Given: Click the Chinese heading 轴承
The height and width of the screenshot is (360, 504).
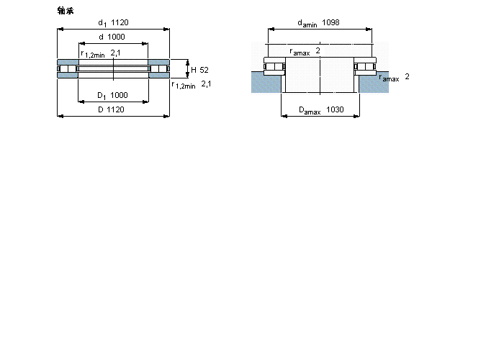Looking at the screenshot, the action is click(x=66, y=11).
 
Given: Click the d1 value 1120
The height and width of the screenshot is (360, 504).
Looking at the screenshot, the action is click(x=120, y=22).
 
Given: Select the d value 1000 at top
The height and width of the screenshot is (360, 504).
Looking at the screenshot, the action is click(x=116, y=37).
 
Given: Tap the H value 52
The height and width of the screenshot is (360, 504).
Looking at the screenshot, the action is click(x=204, y=70).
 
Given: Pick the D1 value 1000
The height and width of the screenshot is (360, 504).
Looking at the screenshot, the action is click(x=119, y=95).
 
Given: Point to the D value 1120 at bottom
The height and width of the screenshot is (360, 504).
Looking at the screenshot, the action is click(x=115, y=109).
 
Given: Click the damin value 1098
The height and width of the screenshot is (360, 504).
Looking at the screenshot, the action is click(x=330, y=22).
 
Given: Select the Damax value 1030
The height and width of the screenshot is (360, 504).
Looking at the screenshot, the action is click(x=335, y=109).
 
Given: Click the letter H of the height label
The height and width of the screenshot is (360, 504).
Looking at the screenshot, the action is click(x=194, y=70).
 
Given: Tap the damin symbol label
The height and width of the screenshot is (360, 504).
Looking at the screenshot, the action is click(x=307, y=24).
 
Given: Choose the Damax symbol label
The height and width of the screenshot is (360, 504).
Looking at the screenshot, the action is click(x=310, y=111).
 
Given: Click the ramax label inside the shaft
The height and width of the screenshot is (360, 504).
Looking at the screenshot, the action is click(x=300, y=52).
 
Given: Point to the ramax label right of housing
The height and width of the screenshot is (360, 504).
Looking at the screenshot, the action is click(x=389, y=78).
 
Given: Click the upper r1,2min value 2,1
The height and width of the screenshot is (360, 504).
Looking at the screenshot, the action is click(x=116, y=53).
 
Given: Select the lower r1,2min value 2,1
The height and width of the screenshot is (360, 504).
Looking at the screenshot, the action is click(x=207, y=84).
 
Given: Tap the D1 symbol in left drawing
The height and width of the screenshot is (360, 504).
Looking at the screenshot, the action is click(x=102, y=96).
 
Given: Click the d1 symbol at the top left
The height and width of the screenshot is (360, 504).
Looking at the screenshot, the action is click(x=102, y=23).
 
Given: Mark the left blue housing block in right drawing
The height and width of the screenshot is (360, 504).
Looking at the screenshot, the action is click(x=266, y=82).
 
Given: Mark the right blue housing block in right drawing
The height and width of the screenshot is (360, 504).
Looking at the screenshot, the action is click(x=374, y=82).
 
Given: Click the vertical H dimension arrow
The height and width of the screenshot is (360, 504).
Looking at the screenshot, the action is click(x=188, y=69).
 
